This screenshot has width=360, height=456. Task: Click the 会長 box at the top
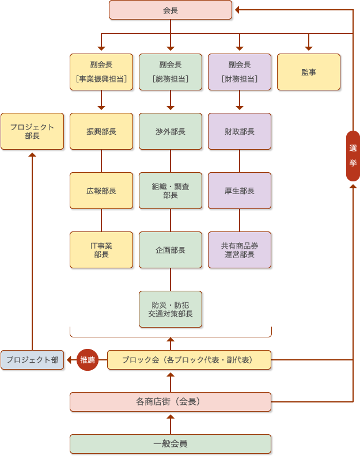170,10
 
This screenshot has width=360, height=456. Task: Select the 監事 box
309,72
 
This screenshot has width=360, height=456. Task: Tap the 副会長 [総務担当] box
170,72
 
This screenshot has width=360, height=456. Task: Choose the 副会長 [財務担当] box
240,72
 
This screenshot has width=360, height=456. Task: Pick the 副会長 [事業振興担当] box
101,72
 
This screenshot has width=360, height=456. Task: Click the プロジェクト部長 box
32,131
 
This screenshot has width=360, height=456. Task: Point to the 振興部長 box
101,131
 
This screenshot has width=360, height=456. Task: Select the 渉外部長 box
170,131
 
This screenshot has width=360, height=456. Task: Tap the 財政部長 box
240,131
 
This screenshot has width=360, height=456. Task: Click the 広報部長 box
101,191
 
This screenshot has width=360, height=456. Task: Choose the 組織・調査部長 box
170,191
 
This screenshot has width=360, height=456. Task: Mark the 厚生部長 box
240,191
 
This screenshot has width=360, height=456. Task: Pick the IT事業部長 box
101,250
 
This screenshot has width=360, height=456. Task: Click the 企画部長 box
170,250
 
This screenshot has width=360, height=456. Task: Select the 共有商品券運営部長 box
240,250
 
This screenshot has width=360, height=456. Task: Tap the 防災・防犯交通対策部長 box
170,309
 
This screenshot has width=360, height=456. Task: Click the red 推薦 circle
88,360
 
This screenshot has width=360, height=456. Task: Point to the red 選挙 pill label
353,156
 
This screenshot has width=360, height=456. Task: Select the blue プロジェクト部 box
32,360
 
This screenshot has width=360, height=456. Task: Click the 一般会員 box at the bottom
170,444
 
